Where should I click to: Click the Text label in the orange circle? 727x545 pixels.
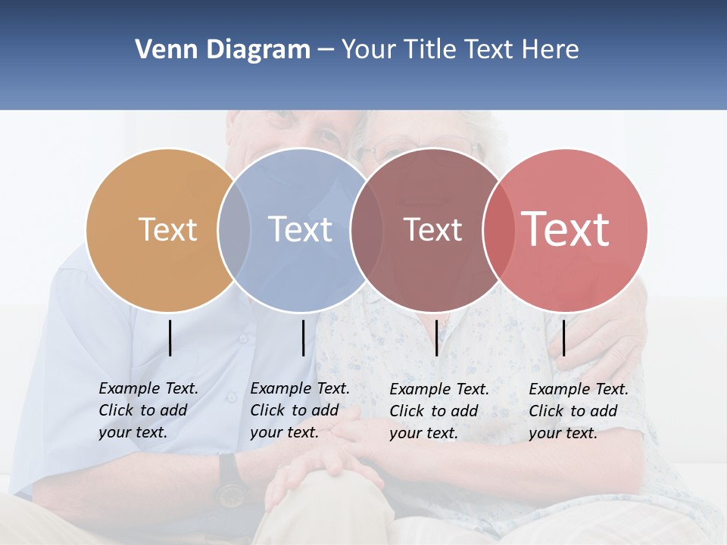pyautogui.click(x=167, y=229)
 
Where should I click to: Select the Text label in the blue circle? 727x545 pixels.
pyautogui.click(x=300, y=229)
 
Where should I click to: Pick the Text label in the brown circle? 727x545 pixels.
pyautogui.click(x=432, y=230)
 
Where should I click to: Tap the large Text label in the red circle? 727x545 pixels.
pyautogui.click(x=566, y=229)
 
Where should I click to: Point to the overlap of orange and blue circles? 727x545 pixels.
pyautogui.click(x=234, y=229)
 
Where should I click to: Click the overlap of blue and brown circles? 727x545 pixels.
pyautogui.click(x=367, y=229)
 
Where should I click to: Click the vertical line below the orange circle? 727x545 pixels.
pyautogui.click(x=170, y=338)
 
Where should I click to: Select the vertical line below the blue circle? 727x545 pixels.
pyautogui.click(x=303, y=338)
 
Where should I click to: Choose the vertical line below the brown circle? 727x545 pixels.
pyautogui.click(x=436, y=338)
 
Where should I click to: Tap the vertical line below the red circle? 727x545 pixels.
pyautogui.click(x=563, y=338)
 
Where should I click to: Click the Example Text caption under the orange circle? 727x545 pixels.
pyautogui.click(x=148, y=410)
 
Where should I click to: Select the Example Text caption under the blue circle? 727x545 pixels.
pyautogui.click(x=299, y=410)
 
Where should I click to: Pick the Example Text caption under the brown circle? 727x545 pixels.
pyautogui.click(x=438, y=411)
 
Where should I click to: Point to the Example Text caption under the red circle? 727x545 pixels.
pyautogui.click(x=578, y=411)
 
